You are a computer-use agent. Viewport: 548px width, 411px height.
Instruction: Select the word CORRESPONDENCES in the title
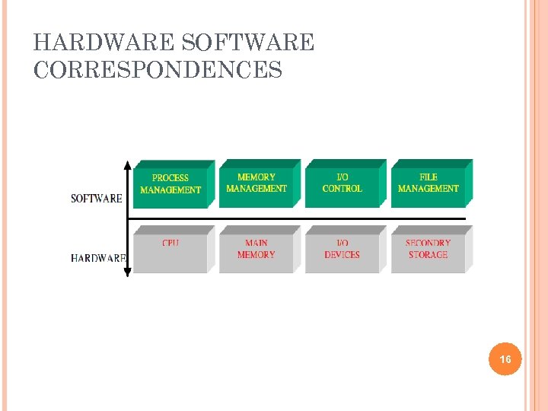point(158,71)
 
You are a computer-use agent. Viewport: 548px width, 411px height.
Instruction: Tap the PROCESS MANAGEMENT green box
point(171,184)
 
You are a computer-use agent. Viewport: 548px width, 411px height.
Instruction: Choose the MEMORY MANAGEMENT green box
point(256,183)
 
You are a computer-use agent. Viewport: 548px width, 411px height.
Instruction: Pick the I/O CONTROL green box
point(342,183)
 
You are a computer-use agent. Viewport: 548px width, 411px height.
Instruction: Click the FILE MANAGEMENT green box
point(429,183)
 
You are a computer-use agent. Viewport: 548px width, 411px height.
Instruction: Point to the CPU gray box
point(171,250)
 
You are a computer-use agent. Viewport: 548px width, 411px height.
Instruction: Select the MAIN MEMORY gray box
point(256,250)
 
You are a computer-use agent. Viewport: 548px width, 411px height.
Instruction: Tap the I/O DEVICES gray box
point(342,250)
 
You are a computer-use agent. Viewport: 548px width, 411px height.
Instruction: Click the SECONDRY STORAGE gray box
point(429,250)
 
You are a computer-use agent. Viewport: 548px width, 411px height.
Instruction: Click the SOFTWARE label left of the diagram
point(97,199)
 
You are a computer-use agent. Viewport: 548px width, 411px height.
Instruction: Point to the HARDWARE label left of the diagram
point(97,258)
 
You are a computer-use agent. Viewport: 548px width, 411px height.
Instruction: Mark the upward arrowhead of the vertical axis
point(128,164)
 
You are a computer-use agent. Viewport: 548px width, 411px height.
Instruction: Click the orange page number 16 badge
point(505,358)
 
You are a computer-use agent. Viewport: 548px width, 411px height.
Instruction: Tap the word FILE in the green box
point(429,177)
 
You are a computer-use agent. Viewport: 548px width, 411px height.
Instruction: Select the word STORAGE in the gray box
point(429,255)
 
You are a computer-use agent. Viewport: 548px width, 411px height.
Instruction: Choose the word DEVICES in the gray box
point(342,255)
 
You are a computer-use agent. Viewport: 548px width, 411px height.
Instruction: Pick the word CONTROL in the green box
point(342,189)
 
